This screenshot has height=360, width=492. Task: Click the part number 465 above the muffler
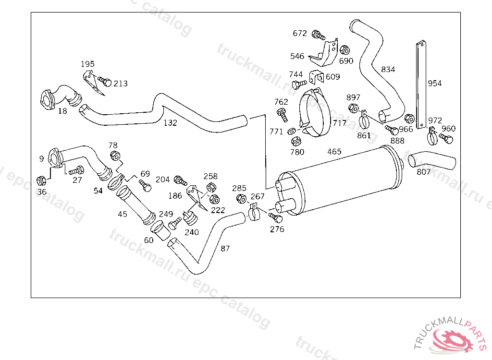point(334,152)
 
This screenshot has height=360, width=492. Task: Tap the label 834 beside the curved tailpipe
point(388,69)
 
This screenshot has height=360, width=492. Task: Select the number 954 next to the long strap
point(434,83)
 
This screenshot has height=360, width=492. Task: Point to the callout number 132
point(171,122)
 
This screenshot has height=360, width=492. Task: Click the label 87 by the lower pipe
point(225,248)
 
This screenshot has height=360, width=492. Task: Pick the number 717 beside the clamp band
point(340,123)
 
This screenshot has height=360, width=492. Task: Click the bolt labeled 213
point(105,82)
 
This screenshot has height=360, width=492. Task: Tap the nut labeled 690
point(345,50)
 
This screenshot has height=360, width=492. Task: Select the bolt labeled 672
point(318,35)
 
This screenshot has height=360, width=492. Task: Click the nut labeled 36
point(41,181)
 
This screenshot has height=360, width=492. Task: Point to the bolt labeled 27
point(76,170)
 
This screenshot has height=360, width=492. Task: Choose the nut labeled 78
point(115,156)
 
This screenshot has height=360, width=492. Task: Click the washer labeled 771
point(292,131)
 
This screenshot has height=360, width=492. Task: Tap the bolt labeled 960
point(446,138)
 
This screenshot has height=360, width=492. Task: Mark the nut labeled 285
point(241,199)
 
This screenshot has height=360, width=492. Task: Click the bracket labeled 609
point(316,77)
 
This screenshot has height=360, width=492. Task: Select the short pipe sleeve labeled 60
point(160,230)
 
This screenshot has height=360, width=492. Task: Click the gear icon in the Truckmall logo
point(453,340)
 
